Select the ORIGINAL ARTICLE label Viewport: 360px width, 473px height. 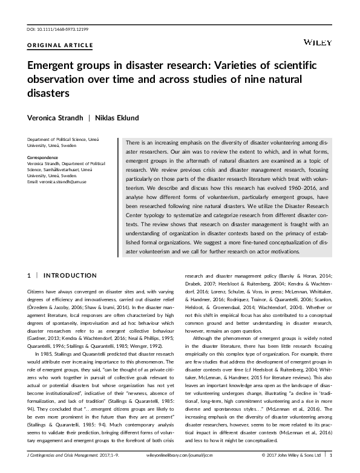tap(61, 45)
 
